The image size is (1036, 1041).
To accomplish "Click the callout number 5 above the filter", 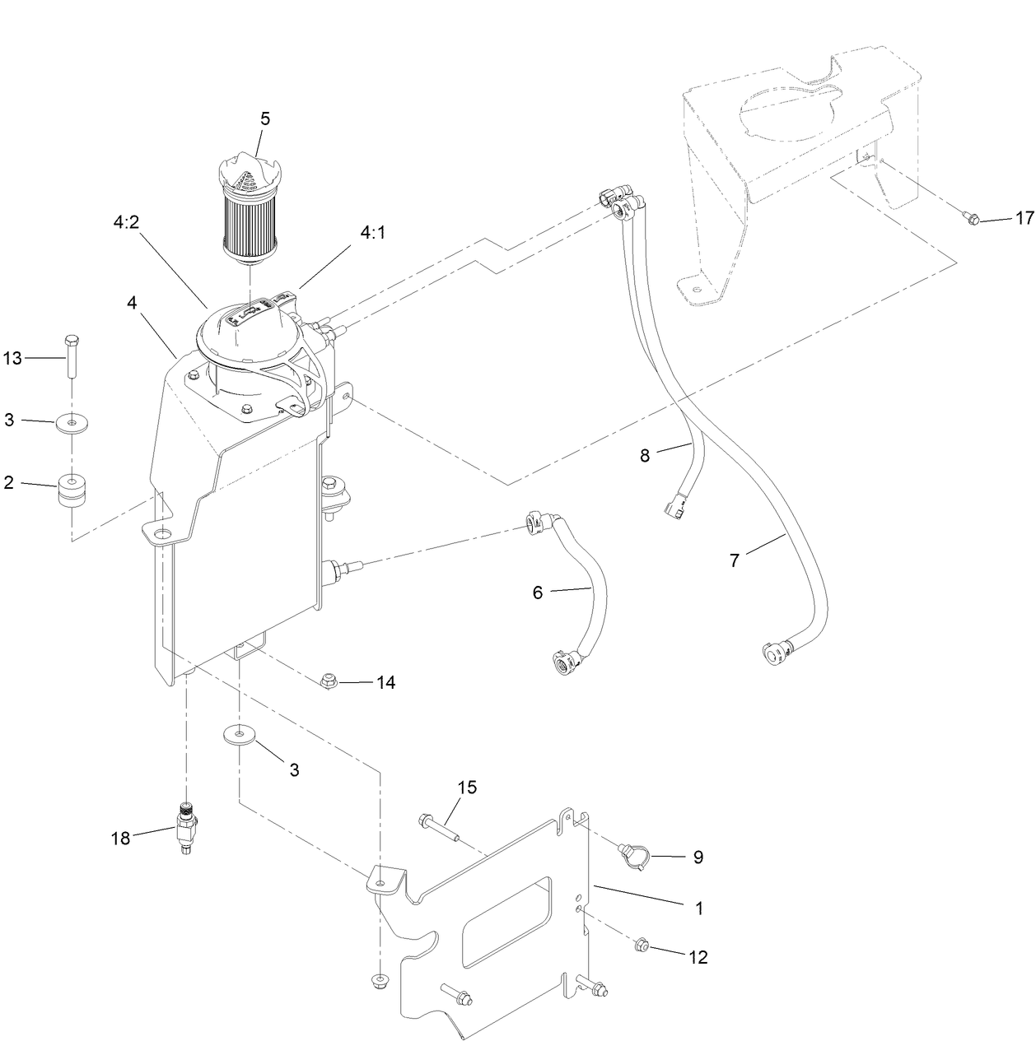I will click(264, 119).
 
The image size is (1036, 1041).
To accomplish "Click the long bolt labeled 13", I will click(72, 356).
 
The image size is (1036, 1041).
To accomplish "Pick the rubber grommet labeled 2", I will click(72, 491).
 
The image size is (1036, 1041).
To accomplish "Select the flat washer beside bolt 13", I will click(74, 425).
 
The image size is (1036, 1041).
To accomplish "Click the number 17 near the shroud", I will click(1024, 218).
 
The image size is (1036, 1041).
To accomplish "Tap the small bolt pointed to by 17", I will click(970, 218).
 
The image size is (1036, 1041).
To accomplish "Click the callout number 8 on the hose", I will click(645, 455).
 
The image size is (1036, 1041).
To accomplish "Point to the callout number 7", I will click(735, 561).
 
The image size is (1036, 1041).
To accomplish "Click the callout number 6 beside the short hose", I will click(538, 592).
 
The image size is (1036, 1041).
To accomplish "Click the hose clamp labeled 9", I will click(634, 856).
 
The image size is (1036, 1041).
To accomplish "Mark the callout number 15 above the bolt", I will click(466, 788).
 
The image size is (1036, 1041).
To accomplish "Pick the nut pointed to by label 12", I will click(642, 946).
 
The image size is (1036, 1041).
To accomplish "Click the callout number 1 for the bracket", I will click(698, 909).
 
